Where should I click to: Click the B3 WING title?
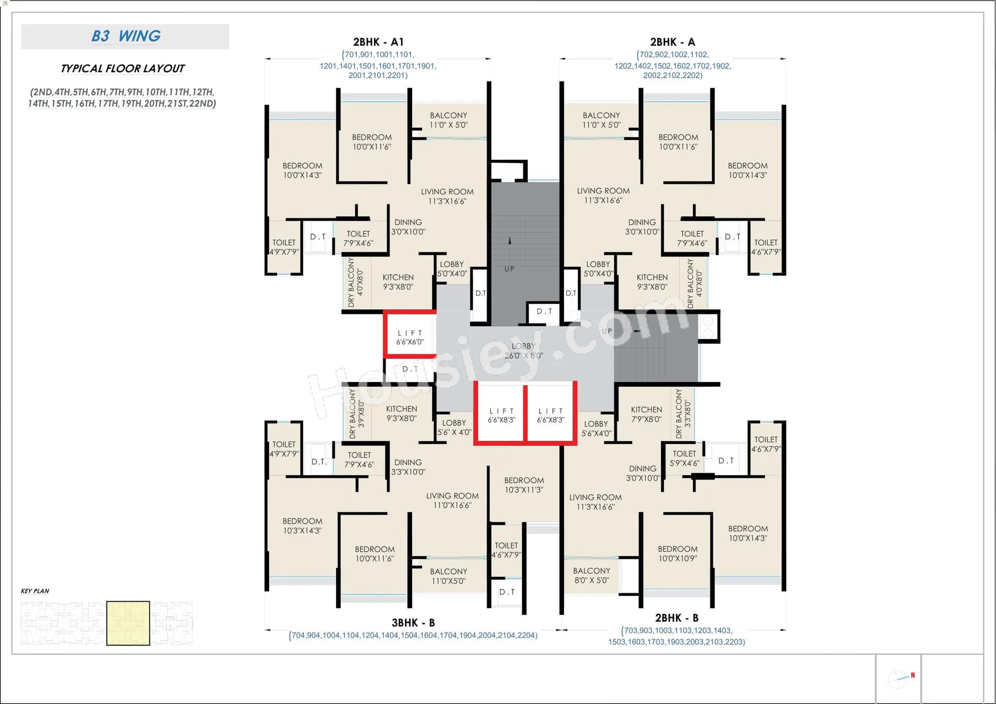(x=126, y=36)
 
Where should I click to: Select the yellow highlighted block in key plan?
(x=128, y=623)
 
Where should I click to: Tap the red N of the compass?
(x=913, y=675)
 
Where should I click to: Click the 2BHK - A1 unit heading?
(x=378, y=42)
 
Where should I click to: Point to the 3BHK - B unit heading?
(x=413, y=623)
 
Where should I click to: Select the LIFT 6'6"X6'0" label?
(x=410, y=337)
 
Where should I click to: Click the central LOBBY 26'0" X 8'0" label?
(x=524, y=350)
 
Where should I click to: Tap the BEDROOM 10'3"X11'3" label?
(x=524, y=485)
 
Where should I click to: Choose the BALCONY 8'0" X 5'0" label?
(x=591, y=575)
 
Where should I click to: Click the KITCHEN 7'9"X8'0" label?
(x=646, y=414)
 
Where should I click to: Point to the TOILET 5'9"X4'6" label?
(x=684, y=458)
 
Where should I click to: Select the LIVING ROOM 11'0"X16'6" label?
(x=452, y=500)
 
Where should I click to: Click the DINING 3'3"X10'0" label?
(x=408, y=467)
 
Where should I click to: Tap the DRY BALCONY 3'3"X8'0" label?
(x=683, y=413)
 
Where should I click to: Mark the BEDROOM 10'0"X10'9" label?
(x=678, y=553)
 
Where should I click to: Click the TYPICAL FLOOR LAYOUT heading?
(x=123, y=68)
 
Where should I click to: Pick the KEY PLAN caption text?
(x=35, y=591)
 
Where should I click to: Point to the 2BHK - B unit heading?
(x=677, y=618)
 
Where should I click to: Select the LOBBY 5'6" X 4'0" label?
(x=454, y=427)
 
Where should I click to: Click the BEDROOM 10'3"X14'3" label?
(x=303, y=525)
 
